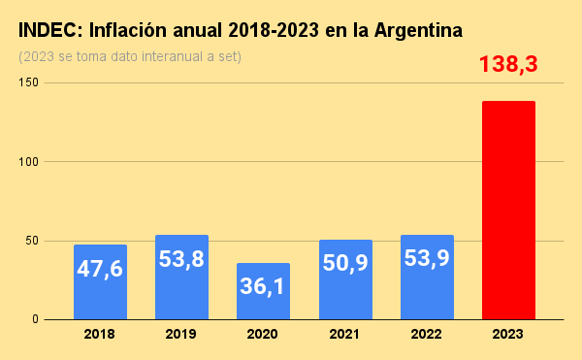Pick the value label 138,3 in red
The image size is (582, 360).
[x=508, y=65]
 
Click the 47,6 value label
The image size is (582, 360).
[x=100, y=268]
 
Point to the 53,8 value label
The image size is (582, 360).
[x=181, y=262]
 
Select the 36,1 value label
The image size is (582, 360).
[x=263, y=287]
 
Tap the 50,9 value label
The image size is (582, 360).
[x=344, y=263]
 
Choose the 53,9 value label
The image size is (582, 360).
[x=427, y=262]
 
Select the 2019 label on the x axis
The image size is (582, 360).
[x=181, y=334]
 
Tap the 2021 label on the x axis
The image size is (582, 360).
[x=344, y=334]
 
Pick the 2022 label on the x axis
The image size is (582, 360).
[x=427, y=334]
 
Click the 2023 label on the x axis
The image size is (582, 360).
[x=508, y=334]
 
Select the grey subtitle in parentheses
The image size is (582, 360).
[x=130, y=55]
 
